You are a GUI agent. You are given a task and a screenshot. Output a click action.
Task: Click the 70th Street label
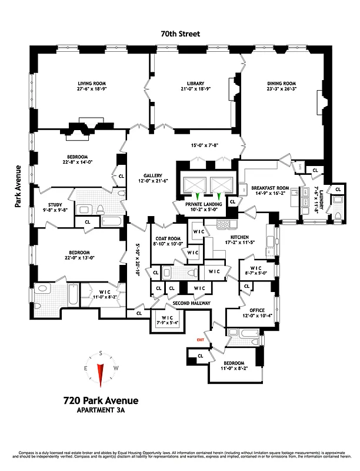click(x=180, y=35)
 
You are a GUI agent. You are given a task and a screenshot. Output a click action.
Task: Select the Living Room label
click(x=92, y=84)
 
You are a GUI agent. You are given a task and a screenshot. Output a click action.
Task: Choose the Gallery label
click(x=152, y=175)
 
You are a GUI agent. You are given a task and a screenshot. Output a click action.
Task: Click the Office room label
click(x=257, y=310)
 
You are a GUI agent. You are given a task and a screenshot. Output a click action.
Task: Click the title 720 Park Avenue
click(x=101, y=401)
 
